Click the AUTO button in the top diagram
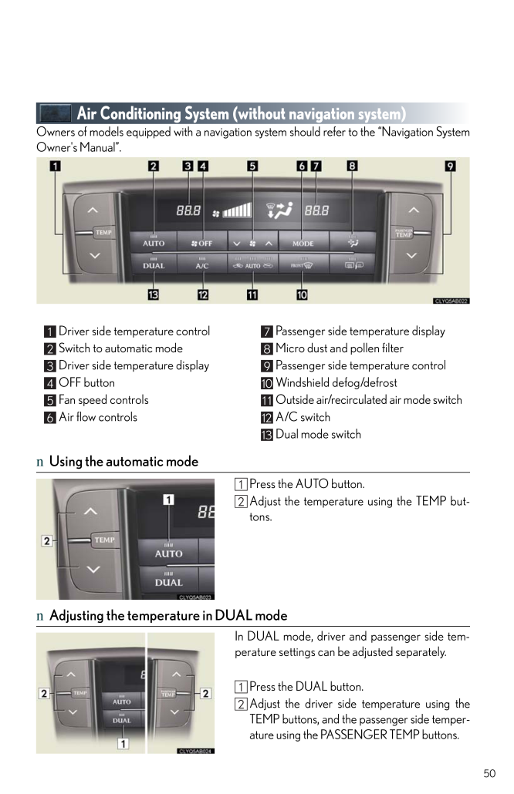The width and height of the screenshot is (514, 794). (x=154, y=241)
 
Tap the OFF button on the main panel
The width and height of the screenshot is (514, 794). (x=201, y=242)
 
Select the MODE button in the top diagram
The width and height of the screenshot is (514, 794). (x=303, y=242)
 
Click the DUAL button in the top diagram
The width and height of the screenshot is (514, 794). (x=154, y=264)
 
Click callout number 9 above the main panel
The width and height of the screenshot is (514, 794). (x=450, y=166)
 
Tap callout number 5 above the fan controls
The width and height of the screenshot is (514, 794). (x=252, y=166)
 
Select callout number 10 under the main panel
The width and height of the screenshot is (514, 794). (x=301, y=294)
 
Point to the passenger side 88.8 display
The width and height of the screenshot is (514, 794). (x=316, y=209)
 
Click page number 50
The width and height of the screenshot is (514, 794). (x=489, y=773)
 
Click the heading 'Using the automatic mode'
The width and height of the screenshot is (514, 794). (x=123, y=462)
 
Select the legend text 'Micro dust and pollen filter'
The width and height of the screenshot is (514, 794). (x=340, y=348)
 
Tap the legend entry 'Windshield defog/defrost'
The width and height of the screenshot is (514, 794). (x=336, y=382)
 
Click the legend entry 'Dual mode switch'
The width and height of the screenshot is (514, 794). (x=318, y=434)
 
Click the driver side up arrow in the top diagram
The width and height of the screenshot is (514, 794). (x=93, y=210)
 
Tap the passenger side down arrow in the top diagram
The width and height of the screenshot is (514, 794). (x=414, y=255)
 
